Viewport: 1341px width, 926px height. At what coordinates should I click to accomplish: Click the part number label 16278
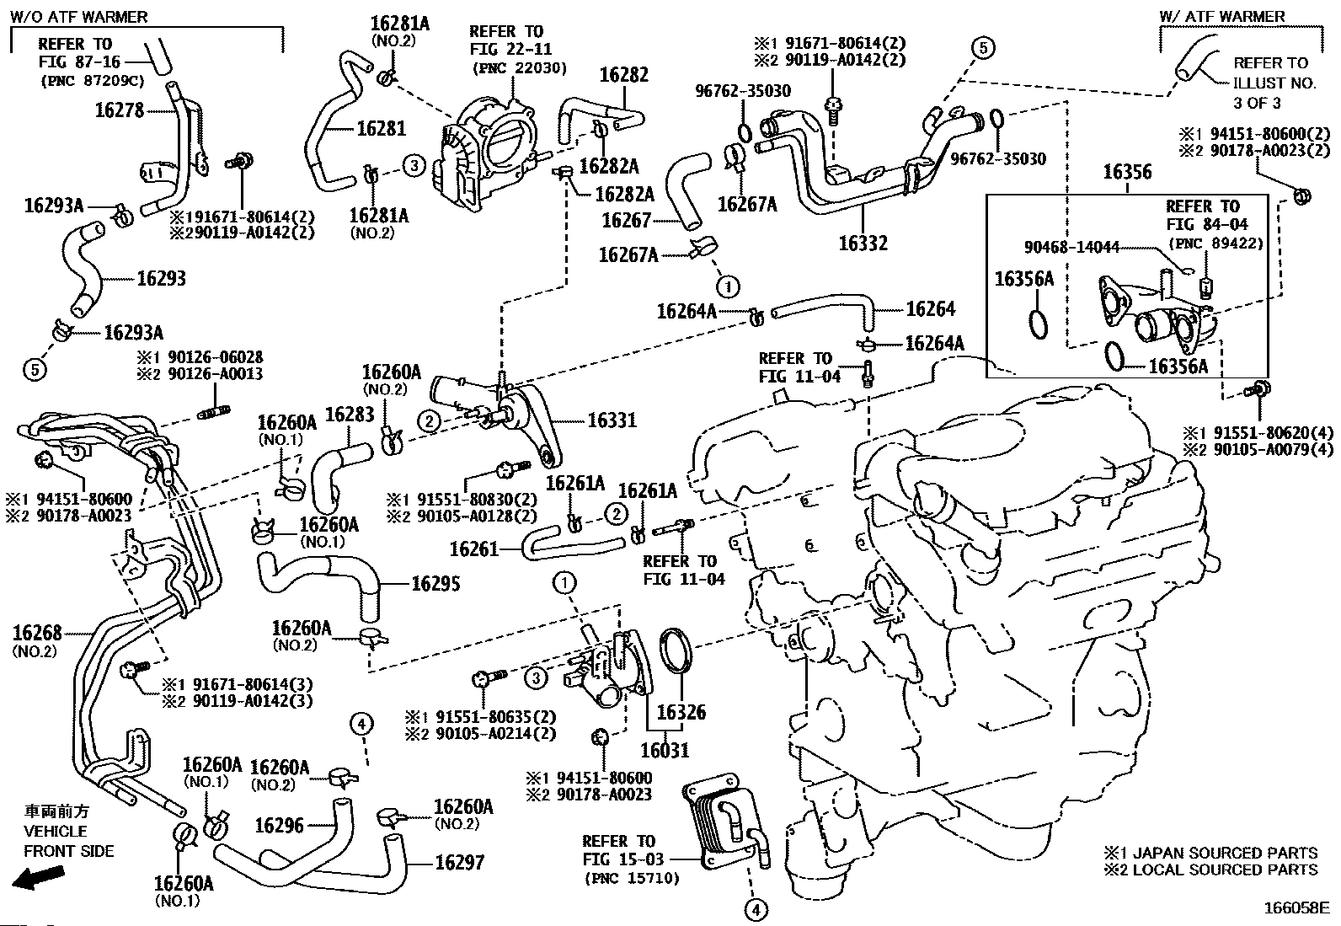click(120, 110)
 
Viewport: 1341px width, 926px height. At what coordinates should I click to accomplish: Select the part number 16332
click(863, 244)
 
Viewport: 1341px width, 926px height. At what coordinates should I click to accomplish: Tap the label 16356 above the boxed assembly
click(1127, 172)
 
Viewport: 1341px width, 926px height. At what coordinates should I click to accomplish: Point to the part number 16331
click(612, 420)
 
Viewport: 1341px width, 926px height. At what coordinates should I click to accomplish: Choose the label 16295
click(435, 583)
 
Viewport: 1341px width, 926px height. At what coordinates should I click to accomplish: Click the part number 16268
click(37, 633)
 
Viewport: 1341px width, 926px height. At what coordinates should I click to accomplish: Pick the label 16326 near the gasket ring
click(681, 712)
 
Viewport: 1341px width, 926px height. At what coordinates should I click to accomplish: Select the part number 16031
click(665, 750)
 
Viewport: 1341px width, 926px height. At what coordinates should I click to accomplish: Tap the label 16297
click(459, 863)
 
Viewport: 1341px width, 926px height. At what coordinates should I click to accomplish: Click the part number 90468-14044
click(1071, 247)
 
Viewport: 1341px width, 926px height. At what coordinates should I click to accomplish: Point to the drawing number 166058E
click(1296, 908)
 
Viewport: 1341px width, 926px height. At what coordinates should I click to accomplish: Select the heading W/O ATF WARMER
click(78, 17)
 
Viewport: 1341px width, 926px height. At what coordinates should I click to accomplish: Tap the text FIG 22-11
click(510, 49)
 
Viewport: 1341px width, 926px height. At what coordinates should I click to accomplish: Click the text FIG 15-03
click(623, 859)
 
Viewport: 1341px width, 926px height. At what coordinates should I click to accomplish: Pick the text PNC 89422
click(1216, 244)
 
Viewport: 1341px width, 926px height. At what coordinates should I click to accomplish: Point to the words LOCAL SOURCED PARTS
click(1225, 870)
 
